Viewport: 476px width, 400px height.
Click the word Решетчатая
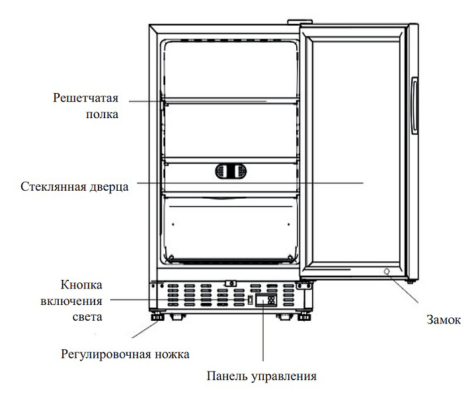pyautogui.click(x=85, y=98)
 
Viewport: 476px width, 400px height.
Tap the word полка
pyautogui.click(x=102, y=115)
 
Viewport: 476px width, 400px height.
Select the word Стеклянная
pyautogui.click(x=54, y=187)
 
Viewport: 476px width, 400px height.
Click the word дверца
pyautogui.click(x=109, y=187)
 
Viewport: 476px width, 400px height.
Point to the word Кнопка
pyautogui.click(x=81, y=285)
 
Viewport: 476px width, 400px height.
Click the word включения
pyautogui.click(x=71, y=302)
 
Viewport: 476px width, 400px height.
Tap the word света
pyautogui.click(x=87, y=317)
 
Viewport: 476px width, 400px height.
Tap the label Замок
pyautogui.click(x=444, y=320)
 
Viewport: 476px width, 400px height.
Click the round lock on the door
pyautogui.click(x=387, y=271)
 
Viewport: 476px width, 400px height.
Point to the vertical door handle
pyautogui.click(x=415, y=106)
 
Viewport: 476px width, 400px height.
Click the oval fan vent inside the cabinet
pyautogui.click(x=231, y=171)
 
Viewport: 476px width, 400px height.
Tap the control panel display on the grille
pyautogui.click(x=266, y=300)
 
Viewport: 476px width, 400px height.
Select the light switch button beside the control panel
pyautogui.click(x=251, y=300)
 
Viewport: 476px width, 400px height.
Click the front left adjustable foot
pyautogui.click(x=157, y=317)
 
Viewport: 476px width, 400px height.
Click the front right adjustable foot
pyautogui.click(x=304, y=317)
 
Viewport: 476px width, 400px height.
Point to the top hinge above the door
pyautogui.click(x=300, y=22)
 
